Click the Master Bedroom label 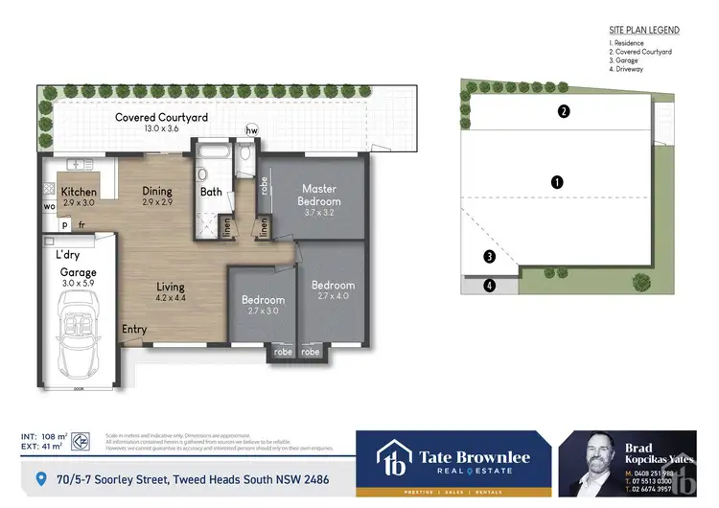(x=320, y=195)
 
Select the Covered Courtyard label (x=161, y=118)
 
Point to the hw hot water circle (x=252, y=129)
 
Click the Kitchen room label (x=79, y=191)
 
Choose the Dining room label (x=156, y=191)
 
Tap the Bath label (x=211, y=192)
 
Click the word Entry (x=134, y=330)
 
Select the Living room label (x=172, y=287)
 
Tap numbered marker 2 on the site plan (x=564, y=111)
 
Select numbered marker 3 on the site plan (x=489, y=256)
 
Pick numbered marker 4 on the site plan (x=489, y=285)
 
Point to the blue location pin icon (x=39, y=477)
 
